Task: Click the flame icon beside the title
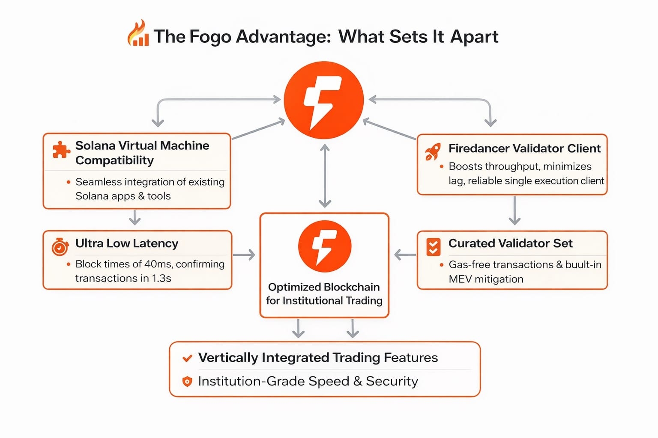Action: tap(138, 34)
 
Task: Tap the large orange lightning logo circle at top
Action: tap(324, 100)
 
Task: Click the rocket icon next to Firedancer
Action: tap(433, 151)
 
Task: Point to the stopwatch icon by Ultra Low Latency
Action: tap(60, 246)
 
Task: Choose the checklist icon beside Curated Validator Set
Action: tap(434, 247)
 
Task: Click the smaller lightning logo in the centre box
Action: tap(325, 246)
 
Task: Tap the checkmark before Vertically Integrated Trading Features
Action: tap(187, 358)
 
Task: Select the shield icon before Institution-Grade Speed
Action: tap(187, 381)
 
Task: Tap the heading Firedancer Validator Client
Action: tap(524, 148)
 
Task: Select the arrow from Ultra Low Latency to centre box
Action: tap(244, 255)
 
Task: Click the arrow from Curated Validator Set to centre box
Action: tap(405, 255)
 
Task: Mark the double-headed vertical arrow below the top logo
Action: tap(325, 176)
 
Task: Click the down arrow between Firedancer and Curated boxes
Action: tap(514, 210)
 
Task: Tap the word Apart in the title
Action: tap(474, 37)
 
